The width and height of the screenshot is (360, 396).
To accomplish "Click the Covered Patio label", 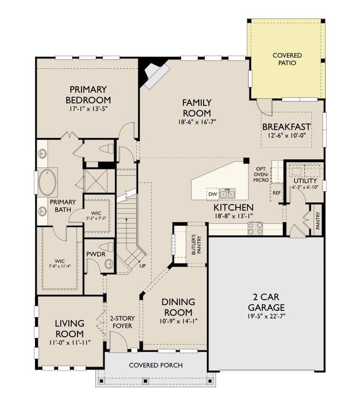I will (x=287, y=59).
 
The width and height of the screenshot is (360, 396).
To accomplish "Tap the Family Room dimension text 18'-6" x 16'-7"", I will (x=196, y=122).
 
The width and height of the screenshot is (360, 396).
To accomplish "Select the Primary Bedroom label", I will (x=88, y=95).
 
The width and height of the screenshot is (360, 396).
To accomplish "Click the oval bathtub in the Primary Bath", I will (x=47, y=182).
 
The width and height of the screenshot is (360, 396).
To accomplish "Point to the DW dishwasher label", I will (x=212, y=194).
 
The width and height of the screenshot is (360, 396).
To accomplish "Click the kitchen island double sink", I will (x=227, y=194).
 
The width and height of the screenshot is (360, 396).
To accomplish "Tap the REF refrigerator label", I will (x=276, y=192).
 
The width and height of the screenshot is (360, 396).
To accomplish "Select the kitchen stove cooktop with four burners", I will (x=255, y=228).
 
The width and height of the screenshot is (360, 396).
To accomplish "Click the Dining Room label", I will (x=178, y=307).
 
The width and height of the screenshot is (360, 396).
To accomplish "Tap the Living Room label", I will (x=69, y=329).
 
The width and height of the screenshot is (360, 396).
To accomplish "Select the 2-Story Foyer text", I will (x=122, y=322).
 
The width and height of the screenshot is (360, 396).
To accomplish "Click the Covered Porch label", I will (x=155, y=365).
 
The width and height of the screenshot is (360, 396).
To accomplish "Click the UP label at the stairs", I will (x=143, y=266).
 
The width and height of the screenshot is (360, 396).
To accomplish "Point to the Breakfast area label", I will (x=286, y=127).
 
